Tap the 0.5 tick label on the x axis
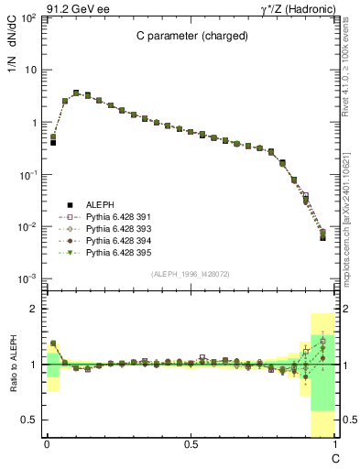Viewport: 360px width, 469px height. (x=191, y=444)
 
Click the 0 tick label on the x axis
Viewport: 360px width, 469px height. (x=47, y=444)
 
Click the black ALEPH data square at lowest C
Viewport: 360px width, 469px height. (x=53, y=143)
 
